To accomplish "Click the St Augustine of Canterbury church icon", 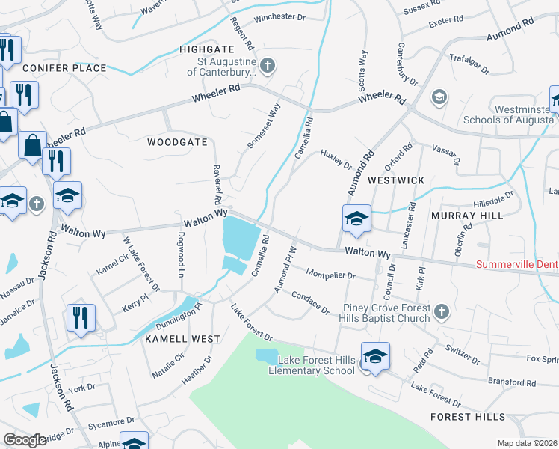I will [268, 65].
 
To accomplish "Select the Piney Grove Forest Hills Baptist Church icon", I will [441, 311].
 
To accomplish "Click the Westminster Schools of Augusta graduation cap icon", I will [439, 97].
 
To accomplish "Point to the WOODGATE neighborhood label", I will [177, 141].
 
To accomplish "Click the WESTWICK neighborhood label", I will [396, 180].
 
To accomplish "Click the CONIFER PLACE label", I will [65, 68].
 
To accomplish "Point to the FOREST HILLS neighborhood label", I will [468, 417].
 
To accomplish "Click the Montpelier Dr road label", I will [330, 275].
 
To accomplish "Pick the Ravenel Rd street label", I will [217, 185].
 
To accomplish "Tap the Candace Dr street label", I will [310, 302].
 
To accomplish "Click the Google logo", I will [25, 440].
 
